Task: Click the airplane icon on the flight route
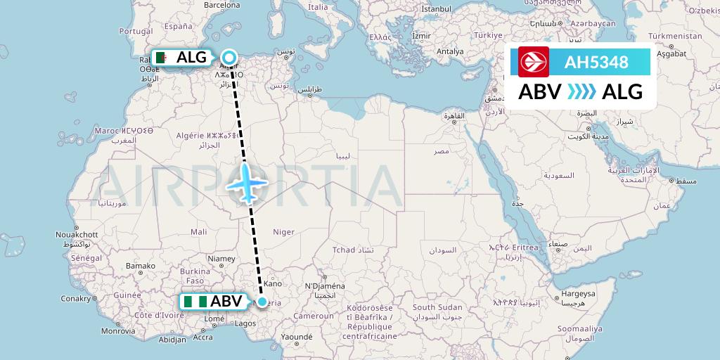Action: [x=247, y=183]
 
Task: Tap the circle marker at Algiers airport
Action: [x=229, y=58]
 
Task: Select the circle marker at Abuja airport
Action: [x=262, y=302]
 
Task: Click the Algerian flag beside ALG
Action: [x=162, y=58]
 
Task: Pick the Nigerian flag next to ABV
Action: [x=195, y=302]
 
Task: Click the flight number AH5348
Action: [x=596, y=62]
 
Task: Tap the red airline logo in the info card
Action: [x=533, y=62]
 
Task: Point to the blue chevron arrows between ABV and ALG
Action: [x=581, y=91]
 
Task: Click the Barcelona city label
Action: [x=221, y=5]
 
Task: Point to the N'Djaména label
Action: [x=324, y=286]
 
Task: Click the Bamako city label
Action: [x=140, y=266]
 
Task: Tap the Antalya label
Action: [x=450, y=51]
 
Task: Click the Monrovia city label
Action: [x=117, y=330]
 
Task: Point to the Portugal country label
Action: [x=136, y=31]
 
